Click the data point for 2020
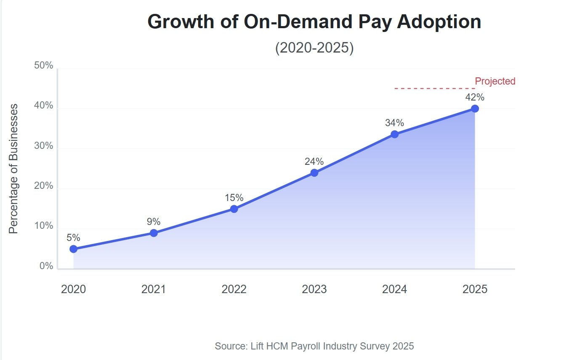click(x=73, y=249)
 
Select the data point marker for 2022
click(x=234, y=209)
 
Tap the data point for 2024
click(x=394, y=134)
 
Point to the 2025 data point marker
click(x=475, y=109)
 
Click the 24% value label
click(x=314, y=161)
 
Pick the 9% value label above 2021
click(x=154, y=222)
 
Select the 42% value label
click(x=475, y=97)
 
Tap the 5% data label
click(x=73, y=238)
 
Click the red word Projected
click(x=495, y=81)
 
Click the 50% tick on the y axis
click(x=43, y=66)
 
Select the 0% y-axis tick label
click(x=46, y=266)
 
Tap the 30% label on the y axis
click(x=43, y=146)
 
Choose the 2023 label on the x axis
click(x=314, y=289)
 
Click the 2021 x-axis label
click(x=154, y=289)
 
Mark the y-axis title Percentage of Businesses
click(x=14, y=168)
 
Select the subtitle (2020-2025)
click(x=314, y=48)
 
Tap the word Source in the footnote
click(x=230, y=346)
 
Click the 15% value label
click(x=234, y=198)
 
